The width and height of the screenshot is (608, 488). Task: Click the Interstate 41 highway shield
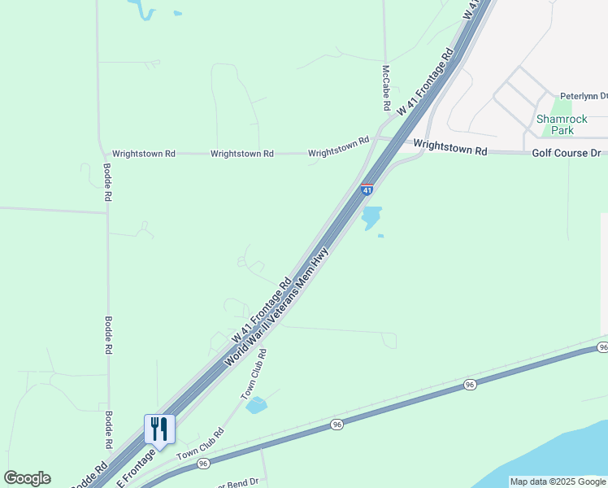point(367,190)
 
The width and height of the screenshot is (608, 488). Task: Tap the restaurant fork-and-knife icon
point(159,428)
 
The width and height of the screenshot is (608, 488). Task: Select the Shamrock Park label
point(556,124)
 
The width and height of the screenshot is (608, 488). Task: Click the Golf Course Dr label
point(567,153)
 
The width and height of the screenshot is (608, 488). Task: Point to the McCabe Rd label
point(386,89)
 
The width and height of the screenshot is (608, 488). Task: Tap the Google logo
point(27,478)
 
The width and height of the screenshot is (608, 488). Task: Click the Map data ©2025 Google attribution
point(558,481)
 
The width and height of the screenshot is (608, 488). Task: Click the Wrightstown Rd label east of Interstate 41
point(449,148)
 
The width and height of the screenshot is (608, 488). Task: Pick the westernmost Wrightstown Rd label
point(143,153)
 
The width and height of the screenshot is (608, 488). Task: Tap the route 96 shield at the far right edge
point(602,347)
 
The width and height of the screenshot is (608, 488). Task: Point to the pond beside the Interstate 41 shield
point(371,217)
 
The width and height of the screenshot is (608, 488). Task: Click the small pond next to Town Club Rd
point(256,405)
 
